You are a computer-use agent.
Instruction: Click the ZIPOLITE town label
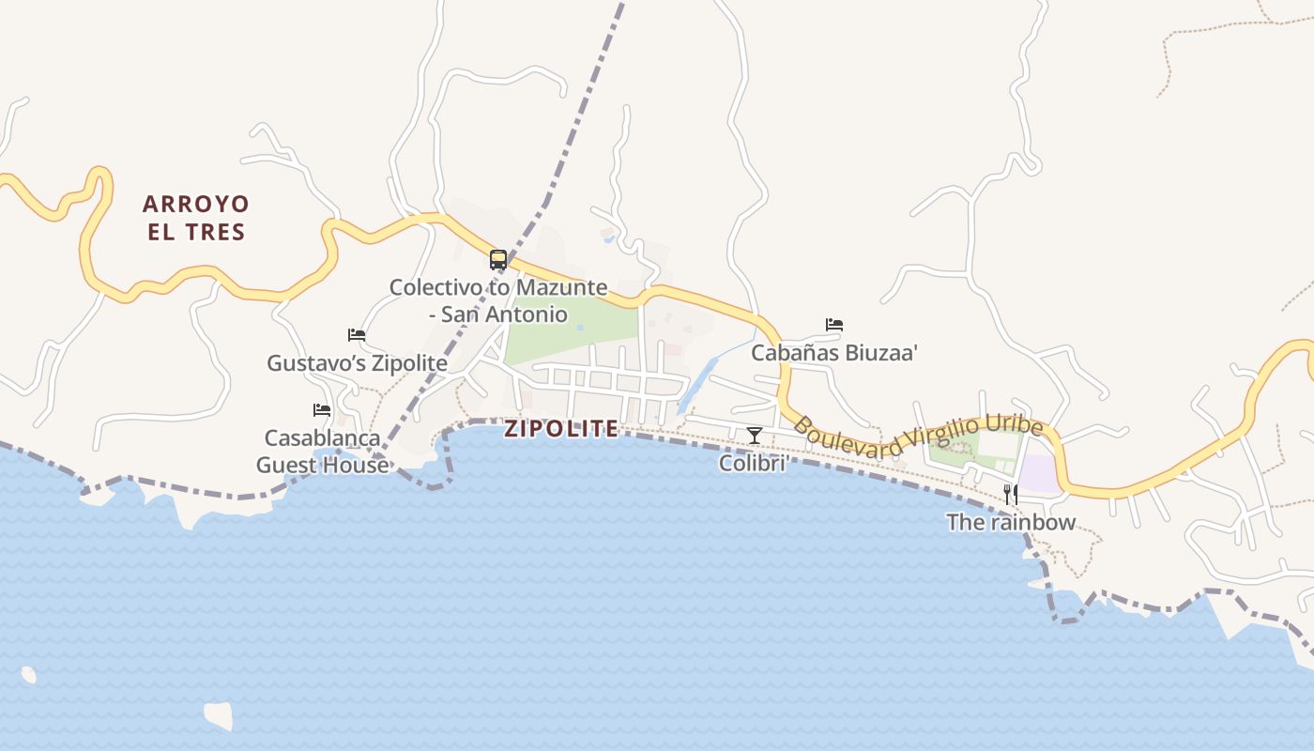[561, 429]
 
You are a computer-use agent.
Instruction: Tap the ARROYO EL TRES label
[196, 218]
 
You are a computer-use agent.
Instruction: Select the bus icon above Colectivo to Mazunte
[498, 260]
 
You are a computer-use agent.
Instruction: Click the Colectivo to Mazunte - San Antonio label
[498, 300]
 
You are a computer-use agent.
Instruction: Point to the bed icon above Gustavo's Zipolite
[357, 334]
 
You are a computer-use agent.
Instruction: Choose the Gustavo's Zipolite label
[357, 363]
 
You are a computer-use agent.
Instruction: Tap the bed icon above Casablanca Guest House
[322, 410]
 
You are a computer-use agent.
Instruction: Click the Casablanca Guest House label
[322, 452]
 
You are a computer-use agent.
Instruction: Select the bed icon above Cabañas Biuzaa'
[834, 325]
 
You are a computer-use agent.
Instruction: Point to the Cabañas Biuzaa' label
[834, 354]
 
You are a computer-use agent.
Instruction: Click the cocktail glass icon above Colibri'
[754, 435]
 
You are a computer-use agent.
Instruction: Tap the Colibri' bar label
[753, 463]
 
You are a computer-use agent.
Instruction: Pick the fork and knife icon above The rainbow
[1011, 494]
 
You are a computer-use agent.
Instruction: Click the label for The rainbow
[1011, 523]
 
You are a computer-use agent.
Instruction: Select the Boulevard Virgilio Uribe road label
[918, 437]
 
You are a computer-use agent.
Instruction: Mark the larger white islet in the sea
[218, 715]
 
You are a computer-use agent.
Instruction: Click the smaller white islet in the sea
[28, 674]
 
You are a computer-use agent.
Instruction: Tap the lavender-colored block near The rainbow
[1039, 473]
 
